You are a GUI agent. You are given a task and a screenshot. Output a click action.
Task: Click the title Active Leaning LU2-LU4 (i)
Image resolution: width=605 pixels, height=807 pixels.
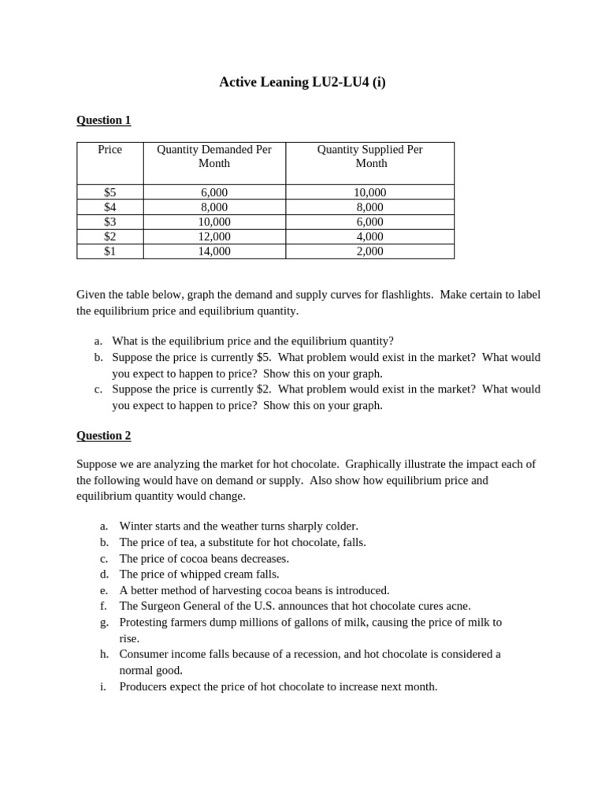point(302,82)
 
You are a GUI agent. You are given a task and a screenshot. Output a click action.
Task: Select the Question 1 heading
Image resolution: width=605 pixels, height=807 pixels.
point(103,120)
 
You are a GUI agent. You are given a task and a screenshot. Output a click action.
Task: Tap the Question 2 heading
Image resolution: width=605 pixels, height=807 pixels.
point(103,435)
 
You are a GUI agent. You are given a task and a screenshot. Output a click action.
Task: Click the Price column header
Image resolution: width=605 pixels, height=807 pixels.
point(109,150)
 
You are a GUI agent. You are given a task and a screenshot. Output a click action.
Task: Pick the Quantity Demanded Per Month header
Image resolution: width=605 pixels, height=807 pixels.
point(214,156)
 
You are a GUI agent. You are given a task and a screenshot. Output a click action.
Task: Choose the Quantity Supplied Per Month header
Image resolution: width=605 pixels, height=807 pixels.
point(370,156)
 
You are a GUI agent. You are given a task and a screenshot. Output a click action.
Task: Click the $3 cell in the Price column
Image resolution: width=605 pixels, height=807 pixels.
point(109,221)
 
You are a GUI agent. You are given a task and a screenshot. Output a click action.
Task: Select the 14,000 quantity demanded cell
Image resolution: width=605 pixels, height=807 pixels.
point(214,251)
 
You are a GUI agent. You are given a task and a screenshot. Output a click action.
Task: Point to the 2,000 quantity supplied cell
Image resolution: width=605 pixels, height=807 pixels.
point(370,251)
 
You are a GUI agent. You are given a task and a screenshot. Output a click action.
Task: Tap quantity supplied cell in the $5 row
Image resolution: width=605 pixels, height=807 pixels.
point(370,192)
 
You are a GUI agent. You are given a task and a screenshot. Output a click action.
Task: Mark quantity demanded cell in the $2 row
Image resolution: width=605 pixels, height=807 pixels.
point(214,236)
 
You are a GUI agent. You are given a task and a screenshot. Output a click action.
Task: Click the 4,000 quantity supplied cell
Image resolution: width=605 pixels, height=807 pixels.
point(370,236)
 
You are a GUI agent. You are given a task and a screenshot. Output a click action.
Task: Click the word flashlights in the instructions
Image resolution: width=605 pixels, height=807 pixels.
point(405,294)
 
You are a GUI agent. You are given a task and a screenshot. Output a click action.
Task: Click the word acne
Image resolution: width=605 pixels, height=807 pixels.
point(457,606)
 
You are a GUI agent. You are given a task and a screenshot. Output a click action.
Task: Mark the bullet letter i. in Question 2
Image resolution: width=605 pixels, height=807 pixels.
point(102,686)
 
